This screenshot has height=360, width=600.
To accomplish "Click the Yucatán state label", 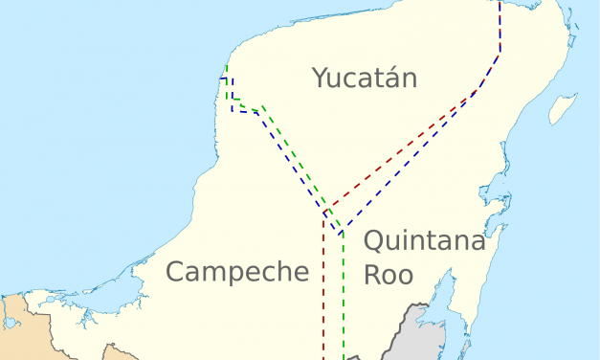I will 365,79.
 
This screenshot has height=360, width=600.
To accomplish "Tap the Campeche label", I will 237,272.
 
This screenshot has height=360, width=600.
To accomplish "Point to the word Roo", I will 389,275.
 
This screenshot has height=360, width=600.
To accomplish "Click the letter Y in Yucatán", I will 320,78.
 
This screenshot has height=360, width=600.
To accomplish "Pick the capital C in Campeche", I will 175,272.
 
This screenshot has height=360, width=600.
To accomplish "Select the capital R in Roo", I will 372,275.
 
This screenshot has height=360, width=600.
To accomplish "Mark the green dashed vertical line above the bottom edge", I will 343,297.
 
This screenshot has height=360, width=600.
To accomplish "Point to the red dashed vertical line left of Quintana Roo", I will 323,287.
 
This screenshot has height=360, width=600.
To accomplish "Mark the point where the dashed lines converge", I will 327,214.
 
